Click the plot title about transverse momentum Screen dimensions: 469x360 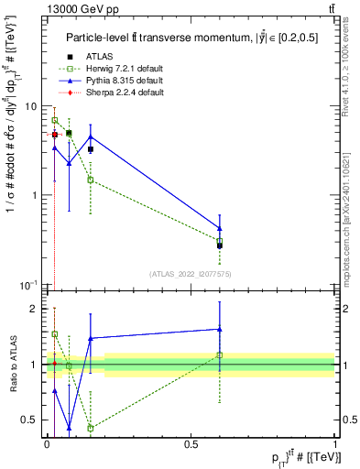pos(190,38)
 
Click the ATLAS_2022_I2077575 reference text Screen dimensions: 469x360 pos(191,273)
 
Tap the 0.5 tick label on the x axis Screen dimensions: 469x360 pos(191,444)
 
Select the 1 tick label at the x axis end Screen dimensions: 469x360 pos(335,444)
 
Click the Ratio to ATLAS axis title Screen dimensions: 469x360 pos(13,365)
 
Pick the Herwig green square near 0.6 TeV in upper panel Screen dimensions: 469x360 pos(220,241)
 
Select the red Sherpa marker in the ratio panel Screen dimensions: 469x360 pos(55,364)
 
